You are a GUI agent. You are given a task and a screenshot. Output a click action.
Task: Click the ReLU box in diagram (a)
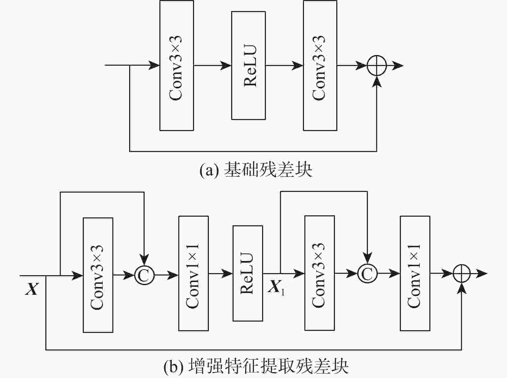[x=248, y=65]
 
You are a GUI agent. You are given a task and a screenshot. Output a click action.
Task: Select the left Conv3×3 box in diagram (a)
[x=177, y=65]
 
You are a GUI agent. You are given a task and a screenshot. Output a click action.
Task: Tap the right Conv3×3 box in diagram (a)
[x=320, y=65]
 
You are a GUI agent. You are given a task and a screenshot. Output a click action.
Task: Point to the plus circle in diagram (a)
[x=377, y=65]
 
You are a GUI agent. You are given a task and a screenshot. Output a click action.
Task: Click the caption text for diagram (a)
[x=256, y=170]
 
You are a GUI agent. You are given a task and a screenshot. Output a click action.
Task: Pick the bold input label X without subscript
[x=32, y=289]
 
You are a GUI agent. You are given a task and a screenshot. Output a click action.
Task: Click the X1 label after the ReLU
[x=276, y=287]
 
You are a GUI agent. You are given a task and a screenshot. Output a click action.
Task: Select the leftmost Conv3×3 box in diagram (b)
[x=98, y=275]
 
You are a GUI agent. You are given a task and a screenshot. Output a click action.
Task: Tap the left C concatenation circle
[x=144, y=275]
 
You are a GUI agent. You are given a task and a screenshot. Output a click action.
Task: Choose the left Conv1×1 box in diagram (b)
[x=193, y=273]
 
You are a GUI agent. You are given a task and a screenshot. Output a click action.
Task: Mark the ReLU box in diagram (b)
[x=248, y=273]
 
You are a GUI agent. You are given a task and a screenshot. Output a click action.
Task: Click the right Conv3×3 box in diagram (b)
[x=319, y=273]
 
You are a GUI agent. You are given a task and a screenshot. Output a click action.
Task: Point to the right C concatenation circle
[x=367, y=273]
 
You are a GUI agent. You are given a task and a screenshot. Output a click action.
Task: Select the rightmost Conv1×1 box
[x=415, y=273]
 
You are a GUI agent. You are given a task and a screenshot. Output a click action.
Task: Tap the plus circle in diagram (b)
[x=462, y=273]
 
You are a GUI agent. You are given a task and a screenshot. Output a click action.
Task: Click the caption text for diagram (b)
[x=256, y=366]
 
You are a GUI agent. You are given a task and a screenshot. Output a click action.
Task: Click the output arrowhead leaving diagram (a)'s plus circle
[x=398, y=65]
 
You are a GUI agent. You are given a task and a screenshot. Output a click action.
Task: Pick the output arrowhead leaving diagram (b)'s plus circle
[x=482, y=273]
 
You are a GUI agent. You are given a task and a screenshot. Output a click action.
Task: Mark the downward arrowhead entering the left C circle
[x=144, y=259]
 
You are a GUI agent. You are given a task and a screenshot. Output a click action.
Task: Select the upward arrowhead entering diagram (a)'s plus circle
[x=377, y=82]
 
